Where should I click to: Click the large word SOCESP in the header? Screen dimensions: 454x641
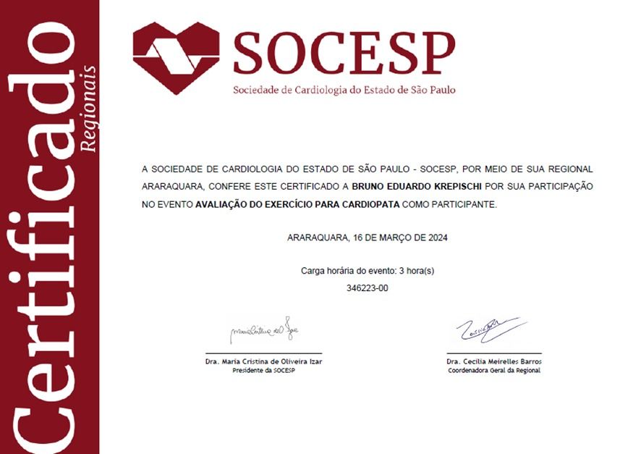click(x=344, y=52)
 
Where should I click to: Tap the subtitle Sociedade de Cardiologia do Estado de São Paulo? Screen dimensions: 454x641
click(x=344, y=91)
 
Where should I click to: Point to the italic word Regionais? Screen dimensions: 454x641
click(x=89, y=109)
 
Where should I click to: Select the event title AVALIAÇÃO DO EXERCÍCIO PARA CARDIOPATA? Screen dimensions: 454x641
click(x=297, y=205)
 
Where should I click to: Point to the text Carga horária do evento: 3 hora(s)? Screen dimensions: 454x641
click(x=368, y=271)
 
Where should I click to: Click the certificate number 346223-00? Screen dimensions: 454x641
click(x=368, y=288)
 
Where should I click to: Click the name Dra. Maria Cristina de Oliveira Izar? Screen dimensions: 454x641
click(x=263, y=361)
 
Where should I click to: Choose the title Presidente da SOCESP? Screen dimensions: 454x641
click(x=263, y=370)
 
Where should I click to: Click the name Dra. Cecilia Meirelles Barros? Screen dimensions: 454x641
click(x=493, y=361)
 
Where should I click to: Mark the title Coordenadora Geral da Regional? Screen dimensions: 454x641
click(x=493, y=370)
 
